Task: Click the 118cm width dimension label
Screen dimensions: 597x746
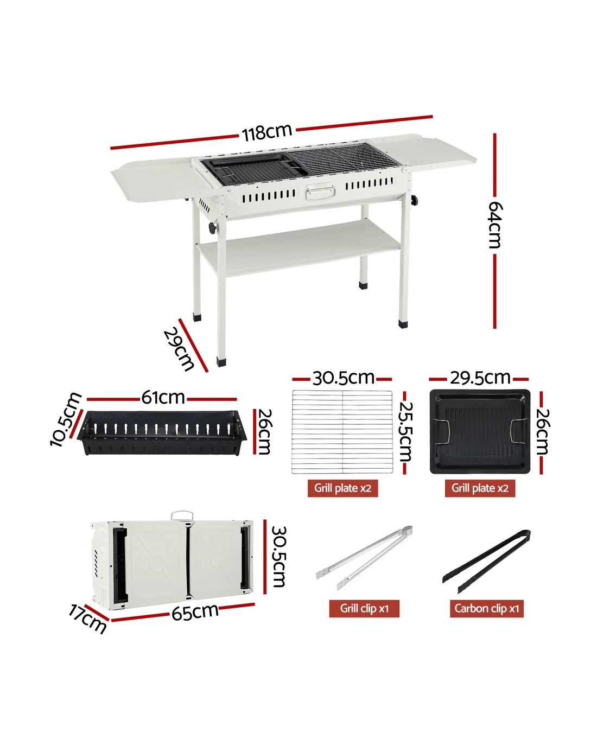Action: pyautogui.click(x=266, y=132)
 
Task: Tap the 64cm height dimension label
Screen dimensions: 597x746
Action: pyautogui.click(x=495, y=225)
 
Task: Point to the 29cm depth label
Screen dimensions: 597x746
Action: pyautogui.click(x=179, y=349)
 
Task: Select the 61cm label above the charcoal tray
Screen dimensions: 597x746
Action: pyautogui.click(x=163, y=397)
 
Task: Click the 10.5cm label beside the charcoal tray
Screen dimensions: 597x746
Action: pyautogui.click(x=65, y=419)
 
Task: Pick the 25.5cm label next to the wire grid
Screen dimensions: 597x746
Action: pyautogui.click(x=405, y=432)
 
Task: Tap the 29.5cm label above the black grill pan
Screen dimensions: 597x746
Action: pyautogui.click(x=480, y=378)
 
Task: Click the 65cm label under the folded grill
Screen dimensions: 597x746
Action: pyautogui.click(x=195, y=612)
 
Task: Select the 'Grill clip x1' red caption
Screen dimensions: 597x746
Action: pyautogui.click(x=364, y=608)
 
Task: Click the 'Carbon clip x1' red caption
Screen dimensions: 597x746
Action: pyautogui.click(x=487, y=608)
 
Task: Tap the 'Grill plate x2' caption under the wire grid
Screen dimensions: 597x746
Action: pyautogui.click(x=342, y=488)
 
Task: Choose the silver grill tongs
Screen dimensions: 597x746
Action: pyautogui.click(x=364, y=558)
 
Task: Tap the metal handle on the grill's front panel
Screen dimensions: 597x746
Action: pyautogui.click(x=320, y=193)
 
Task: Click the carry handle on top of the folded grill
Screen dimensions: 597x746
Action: pyautogui.click(x=182, y=515)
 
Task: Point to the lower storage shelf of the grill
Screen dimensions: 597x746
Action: pyautogui.click(x=298, y=248)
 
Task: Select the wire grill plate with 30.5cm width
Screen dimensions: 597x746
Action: pyautogui.click(x=342, y=431)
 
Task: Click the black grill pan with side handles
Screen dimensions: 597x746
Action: pyautogui.click(x=480, y=431)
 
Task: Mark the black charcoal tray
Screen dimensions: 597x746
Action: pyautogui.click(x=162, y=432)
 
